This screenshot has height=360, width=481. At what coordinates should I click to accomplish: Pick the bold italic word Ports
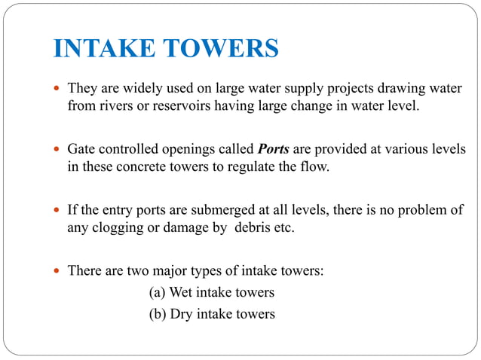point(274,148)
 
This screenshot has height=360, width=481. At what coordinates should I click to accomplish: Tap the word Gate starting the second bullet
point(81,148)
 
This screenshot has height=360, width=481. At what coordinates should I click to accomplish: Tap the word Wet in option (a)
point(184,291)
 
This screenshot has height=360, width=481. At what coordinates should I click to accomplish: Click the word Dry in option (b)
point(183,313)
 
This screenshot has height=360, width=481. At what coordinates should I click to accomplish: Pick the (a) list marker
point(158,291)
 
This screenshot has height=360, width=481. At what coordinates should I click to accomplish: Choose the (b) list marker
point(158,313)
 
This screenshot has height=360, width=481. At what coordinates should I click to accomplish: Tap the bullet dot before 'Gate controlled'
point(57,149)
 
